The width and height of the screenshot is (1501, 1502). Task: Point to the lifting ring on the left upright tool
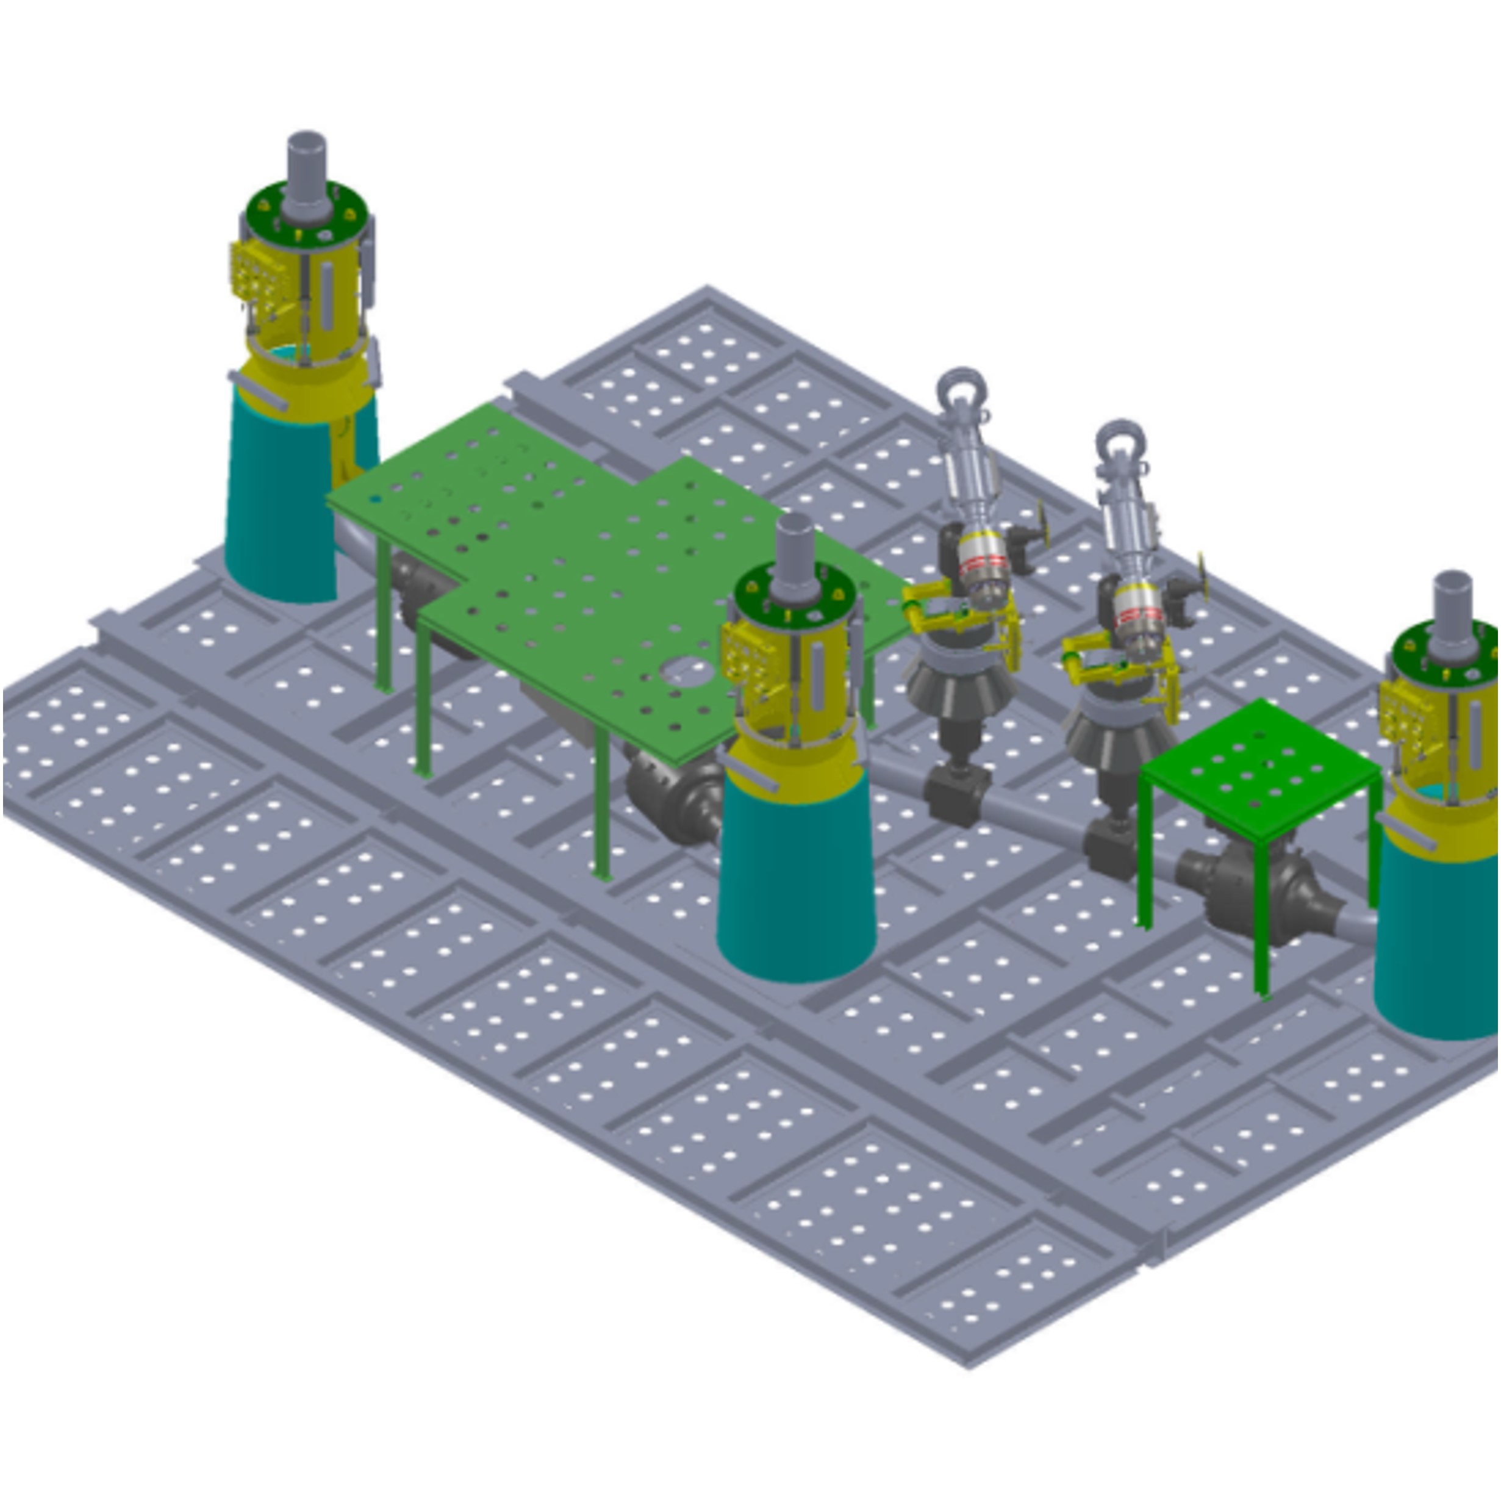pos(962,386)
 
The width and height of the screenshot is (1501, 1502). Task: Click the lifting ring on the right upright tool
pos(1120,440)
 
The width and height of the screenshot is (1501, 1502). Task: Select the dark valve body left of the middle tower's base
pos(676,801)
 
